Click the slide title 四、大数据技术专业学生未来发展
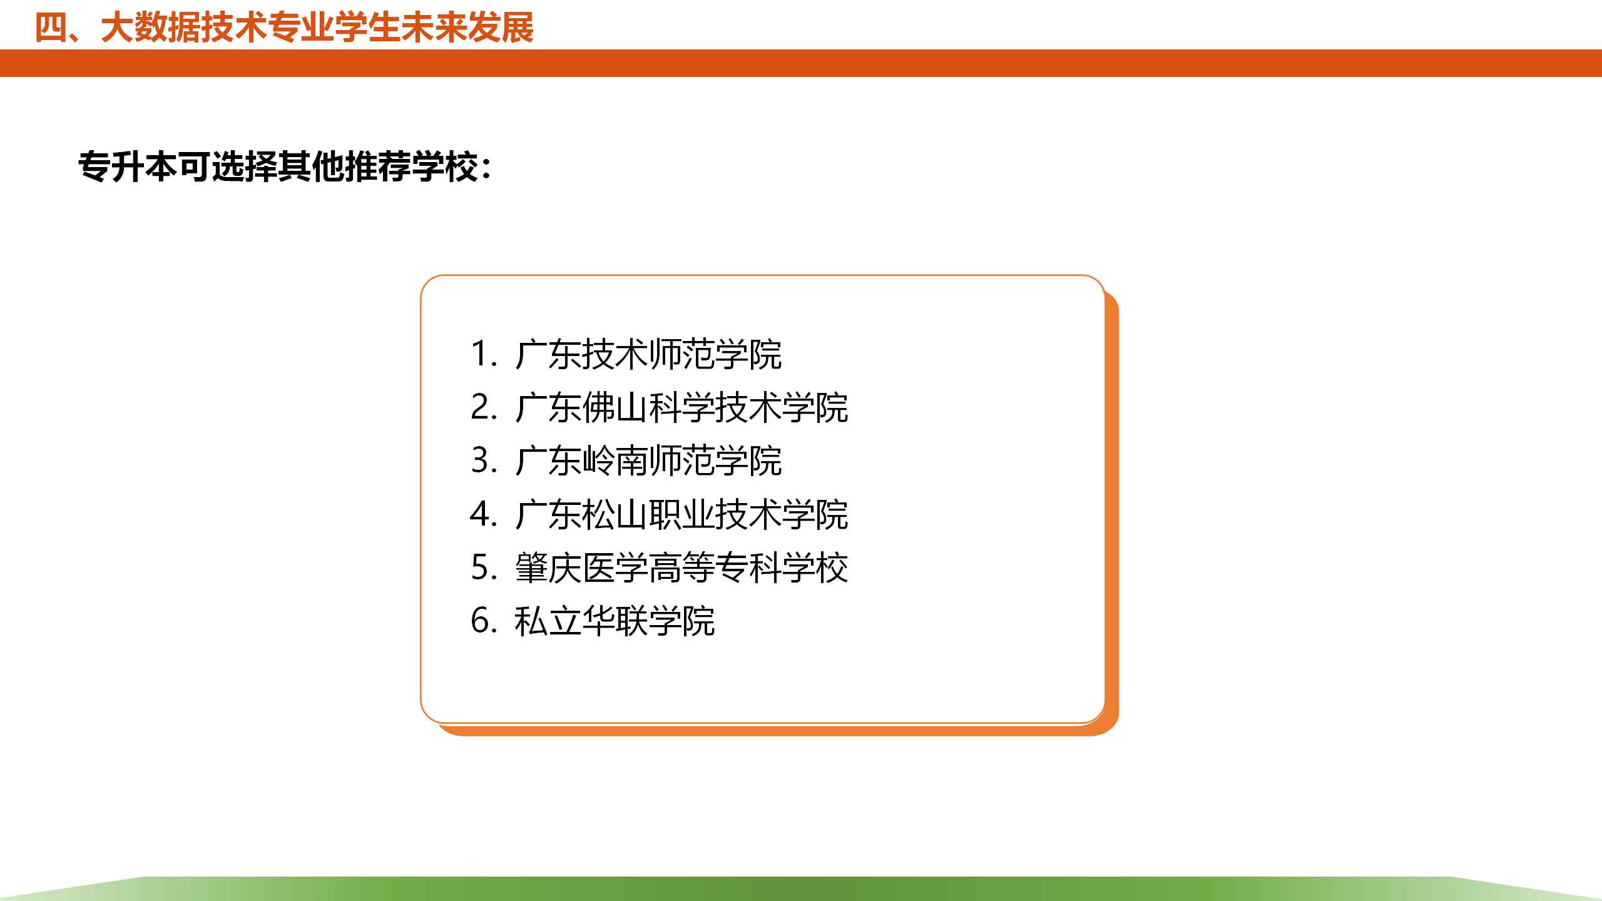(284, 28)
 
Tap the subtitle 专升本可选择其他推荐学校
(278, 167)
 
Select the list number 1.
(483, 354)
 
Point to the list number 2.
(483, 407)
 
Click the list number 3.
(483, 461)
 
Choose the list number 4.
(483, 514)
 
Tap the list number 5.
(483, 568)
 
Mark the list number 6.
(483, 621)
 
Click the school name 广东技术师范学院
(648, 354)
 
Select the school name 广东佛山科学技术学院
(681, 407)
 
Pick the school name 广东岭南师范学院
(648, 461)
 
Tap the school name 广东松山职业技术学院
(681, 514)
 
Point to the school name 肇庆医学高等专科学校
(681, 568)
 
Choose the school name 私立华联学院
(615, 621)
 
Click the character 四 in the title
(51, 28)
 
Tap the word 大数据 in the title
(151, 28)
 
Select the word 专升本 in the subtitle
(128, 167)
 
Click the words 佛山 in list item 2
(615, 407)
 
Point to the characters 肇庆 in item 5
(548, 568)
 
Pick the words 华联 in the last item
(615, 621)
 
